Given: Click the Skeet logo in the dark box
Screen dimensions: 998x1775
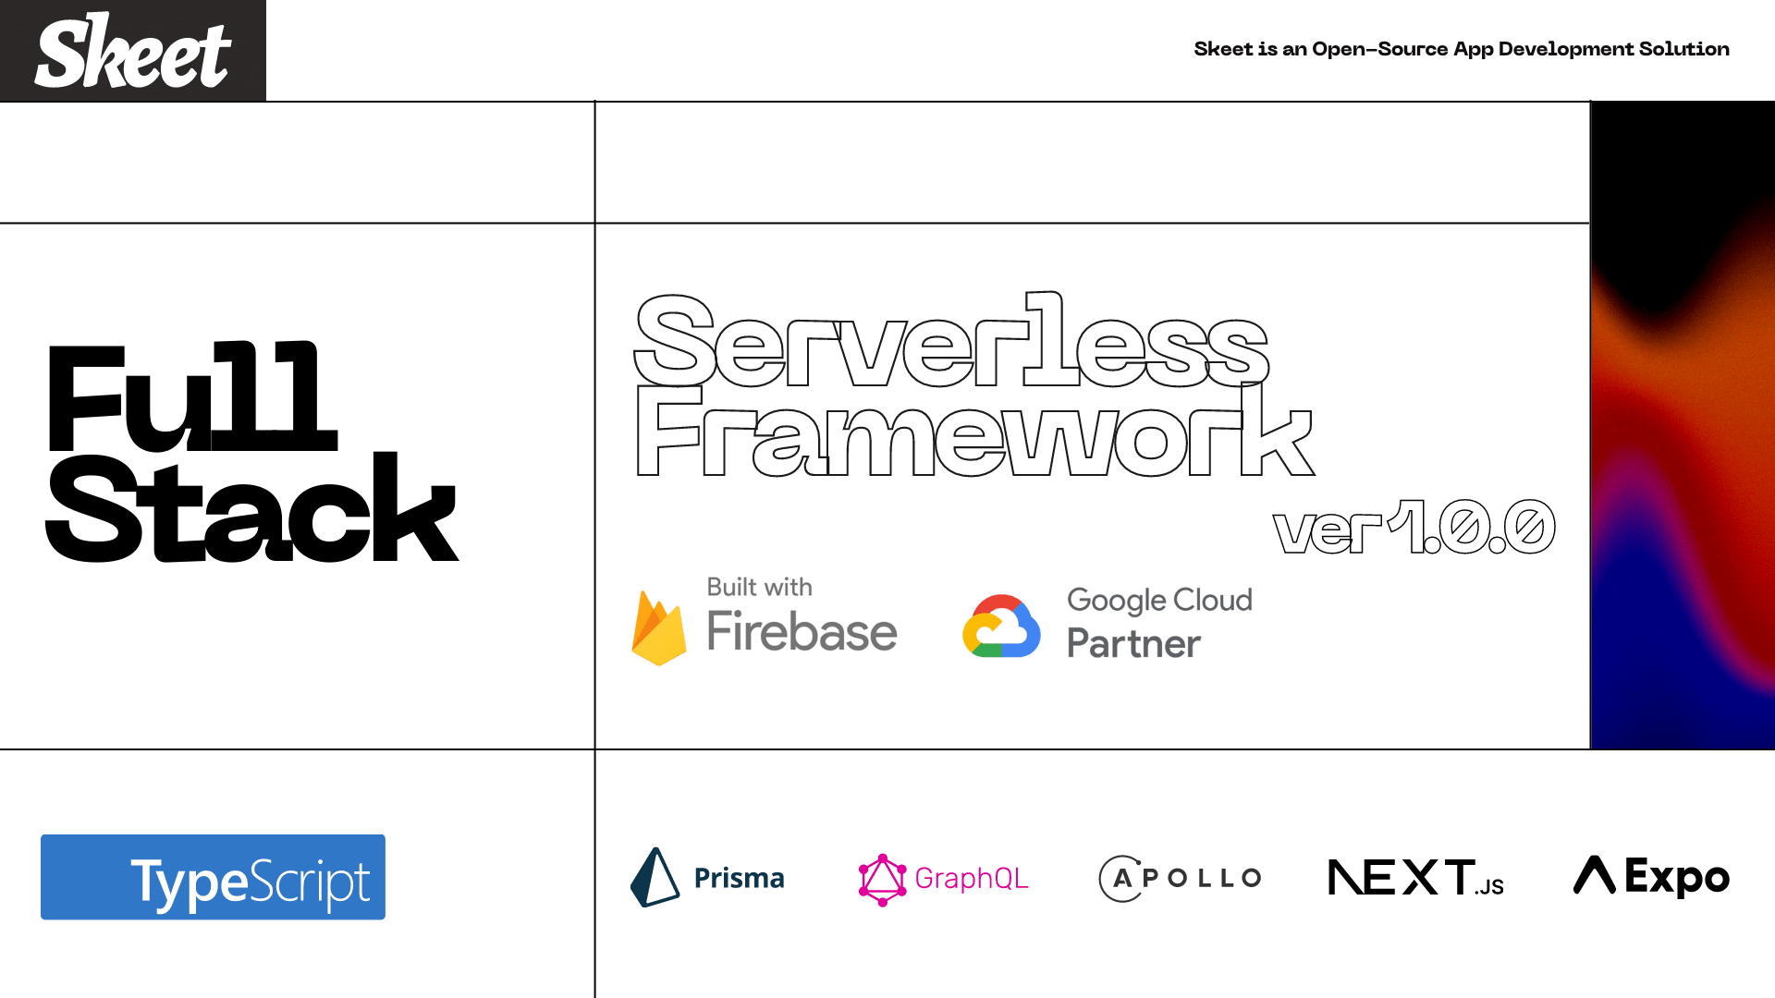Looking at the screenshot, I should point(133,52).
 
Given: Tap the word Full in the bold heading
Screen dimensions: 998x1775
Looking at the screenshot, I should point(192,397).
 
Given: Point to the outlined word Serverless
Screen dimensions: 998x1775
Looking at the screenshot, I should point(952,342).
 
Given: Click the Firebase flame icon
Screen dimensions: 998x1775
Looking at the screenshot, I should point(658,628).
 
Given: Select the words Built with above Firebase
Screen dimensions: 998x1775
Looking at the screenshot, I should point(759,587).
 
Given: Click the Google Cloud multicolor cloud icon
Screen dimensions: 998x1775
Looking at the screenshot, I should point(1001,627).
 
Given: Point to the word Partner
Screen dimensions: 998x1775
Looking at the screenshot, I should point(1133,644).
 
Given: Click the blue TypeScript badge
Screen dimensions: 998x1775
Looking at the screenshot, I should point(213,877).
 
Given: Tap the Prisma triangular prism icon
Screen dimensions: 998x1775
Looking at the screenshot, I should point(655,877).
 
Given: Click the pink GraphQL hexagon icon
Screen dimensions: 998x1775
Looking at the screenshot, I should point(882,879).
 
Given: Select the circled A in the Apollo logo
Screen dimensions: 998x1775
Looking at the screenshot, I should point(1120,878).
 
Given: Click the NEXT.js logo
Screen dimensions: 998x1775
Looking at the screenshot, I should point(1415,878).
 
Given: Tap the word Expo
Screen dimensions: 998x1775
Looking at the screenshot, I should point(1676,878).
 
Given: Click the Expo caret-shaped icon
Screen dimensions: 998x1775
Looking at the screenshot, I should point(1594,875).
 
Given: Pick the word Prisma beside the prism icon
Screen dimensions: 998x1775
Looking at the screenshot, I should point(739,878).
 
